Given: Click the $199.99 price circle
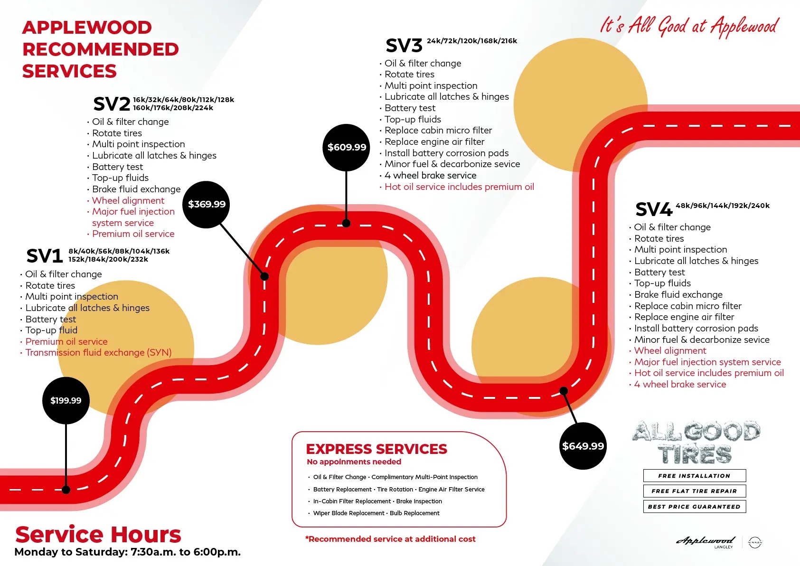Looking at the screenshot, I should click(x=66, y=400).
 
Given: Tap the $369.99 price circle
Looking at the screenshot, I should click(x=207, y=204).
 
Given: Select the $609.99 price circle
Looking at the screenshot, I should click(x=347, y=147).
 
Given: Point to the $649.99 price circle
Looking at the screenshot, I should click(x=583, y=446).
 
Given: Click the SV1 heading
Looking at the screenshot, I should click(x=45, y=256).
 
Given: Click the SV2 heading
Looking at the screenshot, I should click(x=112, y=104).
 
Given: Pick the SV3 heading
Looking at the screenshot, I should click(x=404, y=46).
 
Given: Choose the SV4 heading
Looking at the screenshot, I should click(x=654, y=209).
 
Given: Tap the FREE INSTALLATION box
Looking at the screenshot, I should click(x=694, y=476).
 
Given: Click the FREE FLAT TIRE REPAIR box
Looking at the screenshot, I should click(x=694, y=491).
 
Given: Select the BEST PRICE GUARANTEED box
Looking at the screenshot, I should click(x=694, y=507).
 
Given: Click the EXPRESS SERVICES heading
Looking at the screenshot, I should click(x=376, y=449).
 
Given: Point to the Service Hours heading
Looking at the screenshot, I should click(x=98, y=535).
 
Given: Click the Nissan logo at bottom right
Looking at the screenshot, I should click(x=754, y=542).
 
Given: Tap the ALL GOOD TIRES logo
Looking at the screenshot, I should click(x=696, y=442).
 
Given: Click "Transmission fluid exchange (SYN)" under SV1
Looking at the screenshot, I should click(x=98, y=353).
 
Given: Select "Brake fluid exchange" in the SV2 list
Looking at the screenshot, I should click(x=136, y=189).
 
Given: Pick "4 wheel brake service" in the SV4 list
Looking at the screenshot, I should click(x=680, y=385).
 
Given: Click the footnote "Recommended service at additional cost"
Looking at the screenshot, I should click(x=391, y=539).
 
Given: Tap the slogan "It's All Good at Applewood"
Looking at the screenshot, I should click(x=689, y=26).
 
